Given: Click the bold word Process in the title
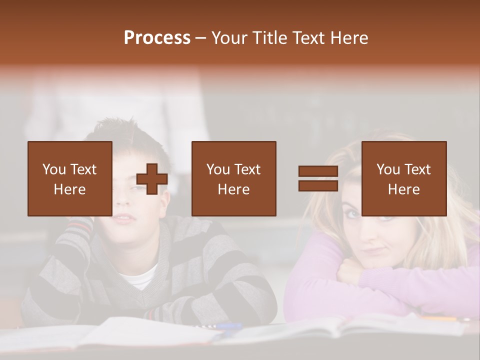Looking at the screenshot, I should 157,38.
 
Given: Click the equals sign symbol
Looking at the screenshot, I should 318,178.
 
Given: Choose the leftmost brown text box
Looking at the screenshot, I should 70,178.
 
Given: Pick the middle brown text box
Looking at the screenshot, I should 233,178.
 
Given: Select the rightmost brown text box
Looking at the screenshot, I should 403,178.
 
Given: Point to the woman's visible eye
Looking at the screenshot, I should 352,213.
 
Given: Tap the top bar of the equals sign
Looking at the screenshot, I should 318,171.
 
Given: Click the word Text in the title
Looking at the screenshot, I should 307,38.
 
